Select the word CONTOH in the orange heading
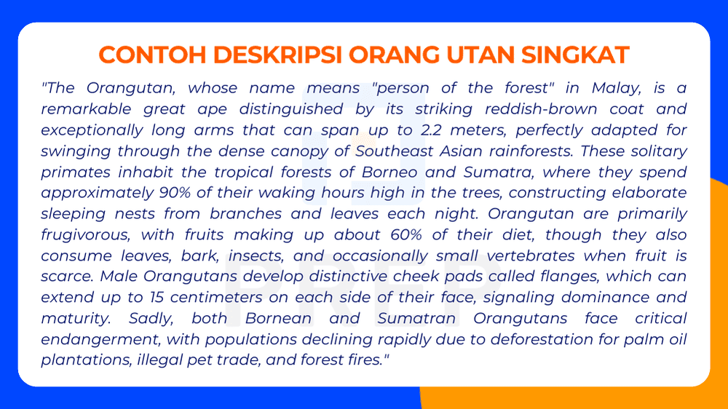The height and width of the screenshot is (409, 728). point(143,55)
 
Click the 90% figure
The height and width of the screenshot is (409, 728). point(178,194)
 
